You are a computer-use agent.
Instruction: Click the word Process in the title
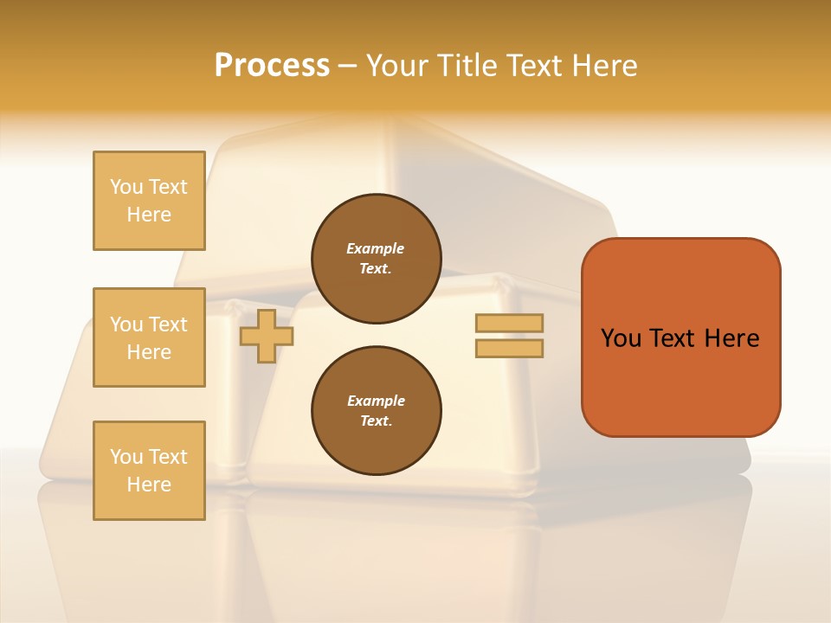pos(272,66)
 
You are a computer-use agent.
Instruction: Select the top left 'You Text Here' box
pos(149,201)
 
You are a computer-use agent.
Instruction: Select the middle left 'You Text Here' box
pos(149,337)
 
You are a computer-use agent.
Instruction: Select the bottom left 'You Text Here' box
pos(149,471)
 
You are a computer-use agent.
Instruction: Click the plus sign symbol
pos(267,336)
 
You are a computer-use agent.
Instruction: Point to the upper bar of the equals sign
pos(510,323)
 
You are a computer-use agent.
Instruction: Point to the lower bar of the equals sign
pos(510,348)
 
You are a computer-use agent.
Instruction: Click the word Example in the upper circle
pos(376,248)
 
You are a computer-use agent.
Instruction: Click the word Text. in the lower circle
pos(376,421)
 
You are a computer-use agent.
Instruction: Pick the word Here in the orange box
pos(731,338)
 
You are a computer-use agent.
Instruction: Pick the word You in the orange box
pos(622,338)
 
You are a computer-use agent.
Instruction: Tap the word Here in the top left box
pos(149,215)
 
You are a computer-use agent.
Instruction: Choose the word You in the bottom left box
pos(126,457)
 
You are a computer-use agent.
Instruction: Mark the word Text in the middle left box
pos(168,324)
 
